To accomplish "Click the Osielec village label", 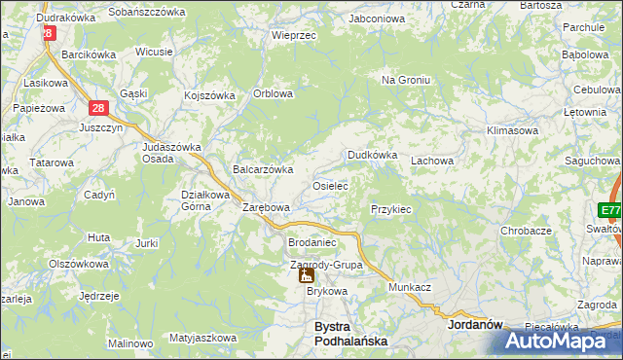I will pyautogui.click(x=329, y=185).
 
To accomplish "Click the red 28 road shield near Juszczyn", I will pyautogui.click(x=98, y=110).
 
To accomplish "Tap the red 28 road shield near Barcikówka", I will pyautogui.click(x=48, y=32).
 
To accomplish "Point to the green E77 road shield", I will pyautogui.click(x=610, y=211).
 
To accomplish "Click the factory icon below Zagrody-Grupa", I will pyautogui.click(x=306, y=275).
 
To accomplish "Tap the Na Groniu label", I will pyautogui.click(x=405, y=80).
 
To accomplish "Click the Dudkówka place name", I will pyautogui.click(x=373, y=155).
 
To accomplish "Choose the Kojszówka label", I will pyautogui.click(x=210, y=95).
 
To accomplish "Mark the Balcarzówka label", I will pyautogui.click(x=263, y=169).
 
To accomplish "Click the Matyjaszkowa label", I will pyautogui.click(x=202, y=338).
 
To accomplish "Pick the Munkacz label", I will pyautogui.click(x=410, y=289).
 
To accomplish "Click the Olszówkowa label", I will pyautogui.click(x=77, y=264).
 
